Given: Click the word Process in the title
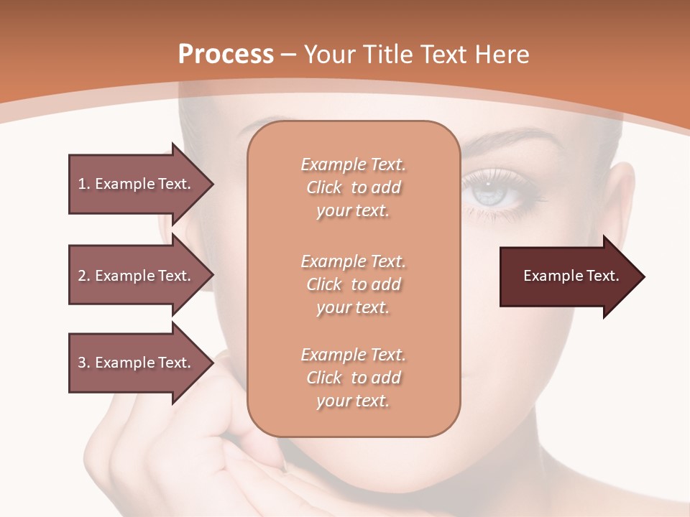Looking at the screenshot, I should pos(226,54).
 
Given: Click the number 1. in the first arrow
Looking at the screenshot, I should pos(84,184).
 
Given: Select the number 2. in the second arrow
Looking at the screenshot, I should pos(84,276).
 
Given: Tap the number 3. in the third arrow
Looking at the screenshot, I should pos(84,363).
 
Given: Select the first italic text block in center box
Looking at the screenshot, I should pos(353,187).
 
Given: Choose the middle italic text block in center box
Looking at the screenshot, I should pos(353,284).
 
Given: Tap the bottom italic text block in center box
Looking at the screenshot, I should pos(353,378).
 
